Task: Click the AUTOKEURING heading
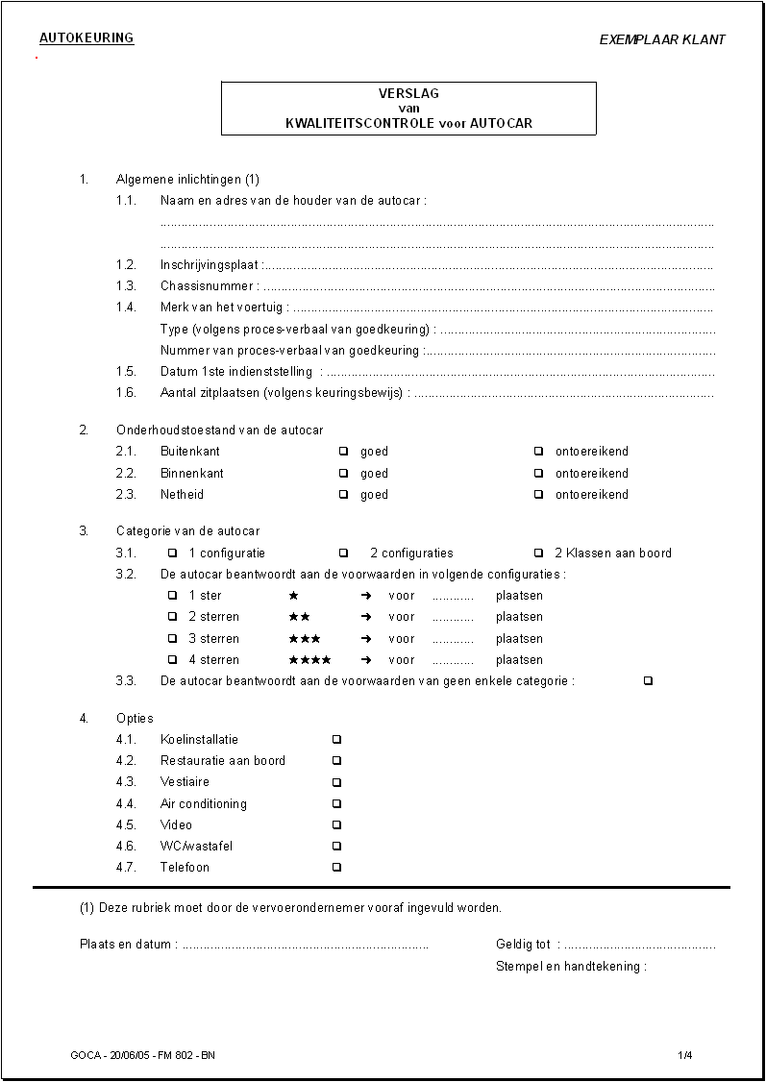point(86,38)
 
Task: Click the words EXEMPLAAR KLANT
point(662,40)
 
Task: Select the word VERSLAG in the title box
point(408,93)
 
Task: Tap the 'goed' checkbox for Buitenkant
point(343,452)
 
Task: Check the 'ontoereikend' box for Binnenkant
point(538,474)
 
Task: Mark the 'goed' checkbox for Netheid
point(343,495)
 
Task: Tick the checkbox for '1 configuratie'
point(173,553)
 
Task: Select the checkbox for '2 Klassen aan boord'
point(538,553)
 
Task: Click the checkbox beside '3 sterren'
point(173,639)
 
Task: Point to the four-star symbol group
point(309,660)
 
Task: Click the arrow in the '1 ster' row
point(366,596)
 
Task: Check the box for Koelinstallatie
point(336,740)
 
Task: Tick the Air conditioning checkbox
point(336,804)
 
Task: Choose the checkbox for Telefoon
point(336,868)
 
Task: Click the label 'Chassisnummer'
point(207,286)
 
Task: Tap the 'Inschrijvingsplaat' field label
point(210,265)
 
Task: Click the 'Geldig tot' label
point(523,945)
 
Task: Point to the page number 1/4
point(684,1055)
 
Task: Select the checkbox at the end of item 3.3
point(648,681)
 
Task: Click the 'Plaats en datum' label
point(125,945)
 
